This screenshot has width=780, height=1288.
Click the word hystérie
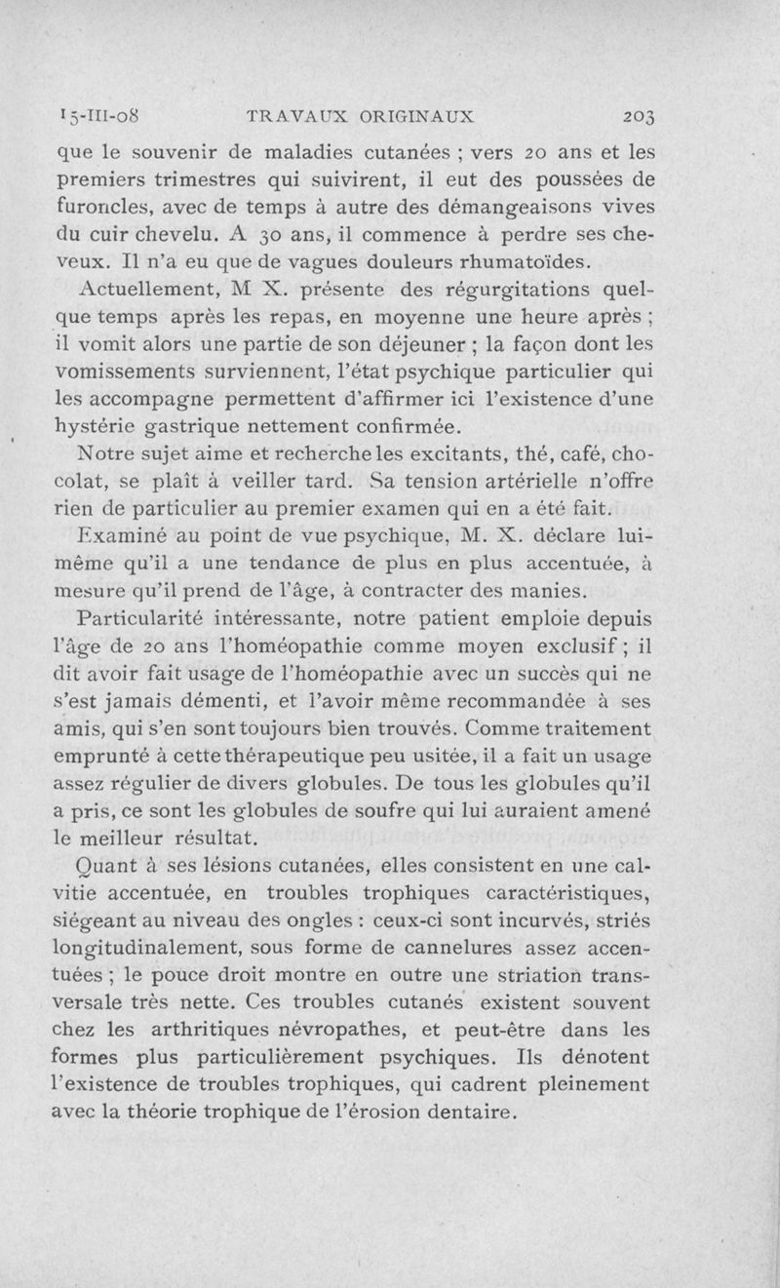tap(96, 427)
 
